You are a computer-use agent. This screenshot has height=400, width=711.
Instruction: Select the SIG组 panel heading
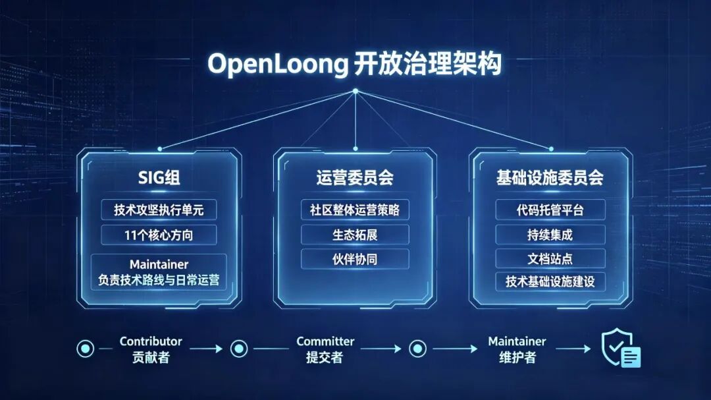point(159,177)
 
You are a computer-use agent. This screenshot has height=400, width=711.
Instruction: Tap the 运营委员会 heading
point(355,177)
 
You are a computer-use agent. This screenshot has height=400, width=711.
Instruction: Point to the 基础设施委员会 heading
point(550,177)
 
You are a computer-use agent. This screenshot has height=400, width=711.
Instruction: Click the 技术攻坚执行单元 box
point(159,210)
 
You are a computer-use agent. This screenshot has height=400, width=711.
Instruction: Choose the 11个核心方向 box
point(159,235)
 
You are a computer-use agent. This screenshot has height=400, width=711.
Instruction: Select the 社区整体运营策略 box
point(355,210)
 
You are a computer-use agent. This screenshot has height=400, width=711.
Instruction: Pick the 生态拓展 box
point(355,235)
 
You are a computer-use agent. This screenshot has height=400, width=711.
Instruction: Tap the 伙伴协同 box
point(355,259)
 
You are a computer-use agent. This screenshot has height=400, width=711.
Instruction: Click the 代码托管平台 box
point(550,210)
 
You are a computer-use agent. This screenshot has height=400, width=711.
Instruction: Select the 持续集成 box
point(550,235)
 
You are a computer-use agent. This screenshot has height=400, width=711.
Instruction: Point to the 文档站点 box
point(550,259)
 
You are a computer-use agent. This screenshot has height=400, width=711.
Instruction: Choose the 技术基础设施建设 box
point(550,281)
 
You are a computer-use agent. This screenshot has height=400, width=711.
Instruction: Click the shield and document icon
point(620,348)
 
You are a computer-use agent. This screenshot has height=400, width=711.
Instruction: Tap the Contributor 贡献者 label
point(151,349)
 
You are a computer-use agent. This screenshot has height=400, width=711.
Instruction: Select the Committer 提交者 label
point(325,349)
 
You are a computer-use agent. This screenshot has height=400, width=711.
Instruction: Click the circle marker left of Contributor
point(85,349)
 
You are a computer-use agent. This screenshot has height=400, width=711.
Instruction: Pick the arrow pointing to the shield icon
point(573,349)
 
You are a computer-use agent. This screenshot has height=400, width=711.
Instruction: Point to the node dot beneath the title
point(355,91)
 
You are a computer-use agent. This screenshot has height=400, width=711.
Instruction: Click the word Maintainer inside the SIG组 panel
point(159,264)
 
